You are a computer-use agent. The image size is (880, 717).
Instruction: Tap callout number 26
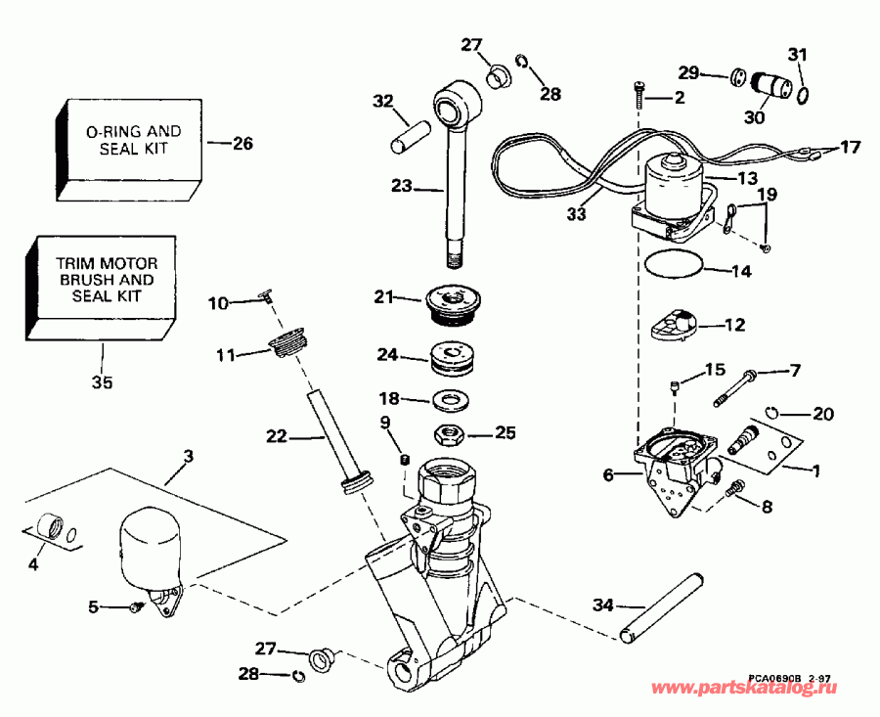pyautogui.click(x=242, y=144)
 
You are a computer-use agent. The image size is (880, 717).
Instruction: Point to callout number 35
pyautogui.click(x=102, y=382)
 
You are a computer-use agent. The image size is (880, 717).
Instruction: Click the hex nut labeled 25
pyautogui.click(x=452, y=431)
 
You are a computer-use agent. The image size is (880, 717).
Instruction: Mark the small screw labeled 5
pyautogui.click(x=137, y=607)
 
